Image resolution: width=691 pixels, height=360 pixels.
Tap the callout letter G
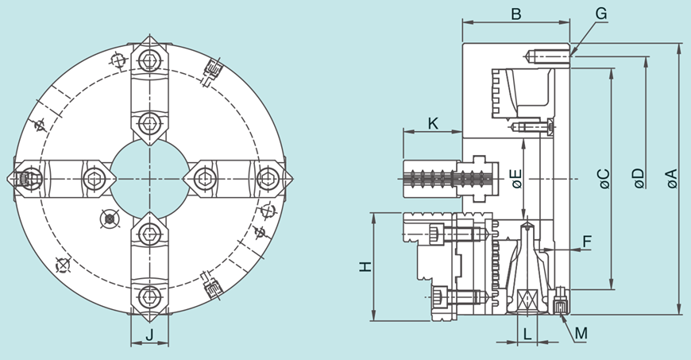600,14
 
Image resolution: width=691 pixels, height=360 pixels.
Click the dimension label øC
604,180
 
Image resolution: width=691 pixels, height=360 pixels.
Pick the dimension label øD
640,180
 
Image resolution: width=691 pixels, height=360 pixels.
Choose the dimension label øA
673,180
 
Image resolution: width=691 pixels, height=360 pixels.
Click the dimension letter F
587,240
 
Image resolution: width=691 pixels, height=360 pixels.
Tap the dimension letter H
365,267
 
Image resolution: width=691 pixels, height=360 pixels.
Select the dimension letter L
527,334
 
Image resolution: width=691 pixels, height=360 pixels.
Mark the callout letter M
581,333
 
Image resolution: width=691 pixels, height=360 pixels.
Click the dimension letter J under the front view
150,336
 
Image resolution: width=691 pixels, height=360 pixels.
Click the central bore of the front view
149,179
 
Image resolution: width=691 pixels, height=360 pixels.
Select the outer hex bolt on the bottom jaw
150,297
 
